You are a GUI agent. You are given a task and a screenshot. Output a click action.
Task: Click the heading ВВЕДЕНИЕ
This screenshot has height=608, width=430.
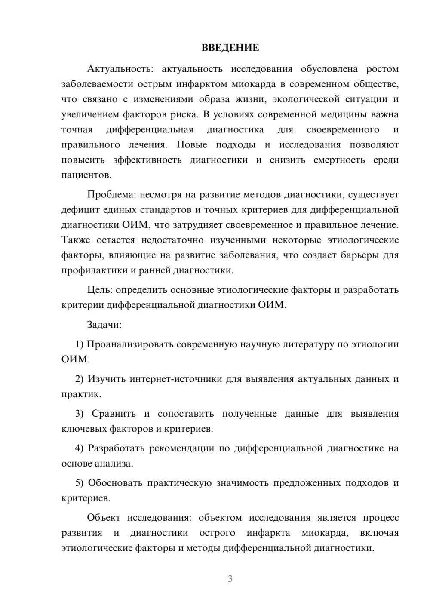coord(230,48)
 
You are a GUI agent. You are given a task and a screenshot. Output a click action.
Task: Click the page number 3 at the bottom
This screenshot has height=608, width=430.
coord(230,579)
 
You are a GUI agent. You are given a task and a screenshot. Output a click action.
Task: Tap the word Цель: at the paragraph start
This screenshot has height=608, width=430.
coord(100,290)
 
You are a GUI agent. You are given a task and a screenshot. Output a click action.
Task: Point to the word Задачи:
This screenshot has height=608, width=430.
coord(104,325)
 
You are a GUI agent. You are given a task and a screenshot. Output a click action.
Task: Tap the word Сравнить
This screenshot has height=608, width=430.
coord(114,414)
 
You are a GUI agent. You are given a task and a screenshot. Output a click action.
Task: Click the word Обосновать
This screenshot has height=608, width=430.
coord(115,483)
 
